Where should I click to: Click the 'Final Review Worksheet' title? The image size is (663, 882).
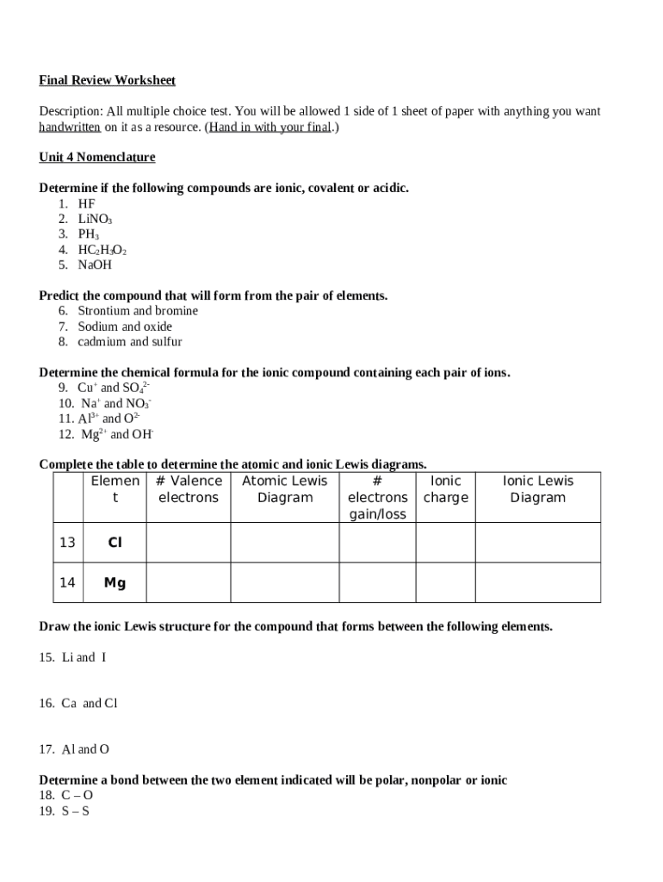point(107,80)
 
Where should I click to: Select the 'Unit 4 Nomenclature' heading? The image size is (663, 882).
point(97,158)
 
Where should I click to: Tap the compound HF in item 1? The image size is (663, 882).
point(87,203)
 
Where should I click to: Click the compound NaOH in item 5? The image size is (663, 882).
point(95,264)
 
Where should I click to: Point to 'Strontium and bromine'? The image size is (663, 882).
point(138,310)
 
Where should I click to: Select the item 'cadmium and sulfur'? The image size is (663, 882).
point(130,341)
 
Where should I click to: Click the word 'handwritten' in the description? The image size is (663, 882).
point(70,127)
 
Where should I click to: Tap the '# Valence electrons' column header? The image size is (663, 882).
point(189,489)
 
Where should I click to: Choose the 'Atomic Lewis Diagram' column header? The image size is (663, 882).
point(285,489)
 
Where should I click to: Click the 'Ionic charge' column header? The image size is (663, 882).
point(446,489)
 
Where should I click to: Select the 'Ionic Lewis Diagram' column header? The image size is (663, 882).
point(538,489)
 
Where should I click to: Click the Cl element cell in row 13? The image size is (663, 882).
point(115,543)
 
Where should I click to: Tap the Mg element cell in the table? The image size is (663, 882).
point(115,583)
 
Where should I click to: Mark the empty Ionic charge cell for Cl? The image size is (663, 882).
point(446,543)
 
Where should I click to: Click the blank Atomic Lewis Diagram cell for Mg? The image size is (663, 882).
point(285,583)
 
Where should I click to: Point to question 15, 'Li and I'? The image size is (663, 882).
point(84,657)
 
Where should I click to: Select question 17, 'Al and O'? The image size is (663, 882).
point(85,749)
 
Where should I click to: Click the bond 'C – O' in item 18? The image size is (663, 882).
point(77,796)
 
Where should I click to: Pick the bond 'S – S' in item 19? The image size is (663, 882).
point(76,811)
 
